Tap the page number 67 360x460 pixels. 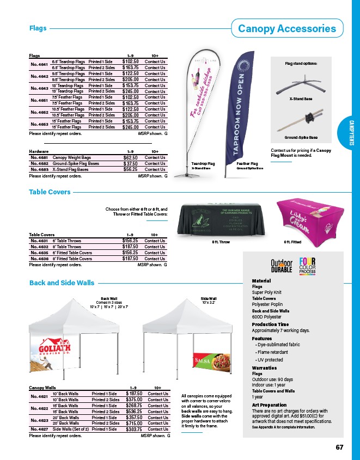[339, 447]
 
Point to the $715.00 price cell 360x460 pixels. [133, 423]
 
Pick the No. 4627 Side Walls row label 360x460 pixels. [40, 429]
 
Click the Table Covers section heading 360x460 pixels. [50, 192]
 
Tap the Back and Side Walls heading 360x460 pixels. [62, 283]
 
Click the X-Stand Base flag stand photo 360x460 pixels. [301, 83]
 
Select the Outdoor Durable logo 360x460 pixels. [282, 266]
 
